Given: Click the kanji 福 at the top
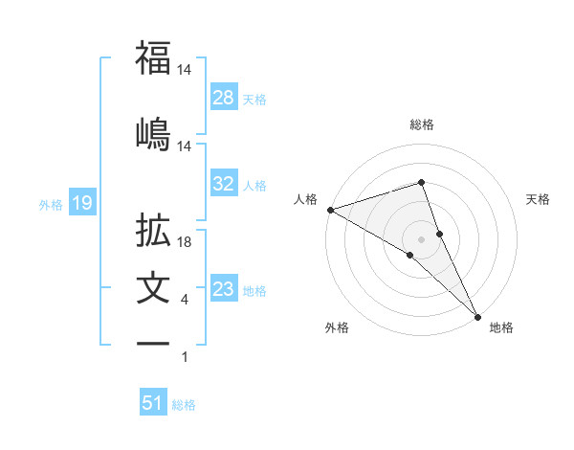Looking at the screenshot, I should click(x=153, y=57).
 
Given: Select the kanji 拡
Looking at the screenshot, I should click(x=153, y=231).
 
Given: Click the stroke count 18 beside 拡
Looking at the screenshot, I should click(x=186, y=243).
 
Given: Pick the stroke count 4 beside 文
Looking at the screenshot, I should click(x=185, y=301).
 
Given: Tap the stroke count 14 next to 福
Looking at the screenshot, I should click(x=186, y=71).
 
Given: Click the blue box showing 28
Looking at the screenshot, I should click(x=224, y=98).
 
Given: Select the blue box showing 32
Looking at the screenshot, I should click(x=224, y=184).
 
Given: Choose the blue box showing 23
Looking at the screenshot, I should click(x=224, y=289).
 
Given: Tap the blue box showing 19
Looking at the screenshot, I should click(x=80, y=203).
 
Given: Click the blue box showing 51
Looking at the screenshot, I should click(x=153, y=403).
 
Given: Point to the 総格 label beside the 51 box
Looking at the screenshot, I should click(x=185, y=405).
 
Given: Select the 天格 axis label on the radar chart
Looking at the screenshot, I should click(x=539, y=199).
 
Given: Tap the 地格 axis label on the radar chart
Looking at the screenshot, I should click(x=501, y=327).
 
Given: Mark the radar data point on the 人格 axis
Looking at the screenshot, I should click(x=329, y=209).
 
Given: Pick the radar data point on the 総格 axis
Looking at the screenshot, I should click(x=421, y=181).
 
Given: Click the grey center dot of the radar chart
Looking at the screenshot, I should click(x=421, y=238).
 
